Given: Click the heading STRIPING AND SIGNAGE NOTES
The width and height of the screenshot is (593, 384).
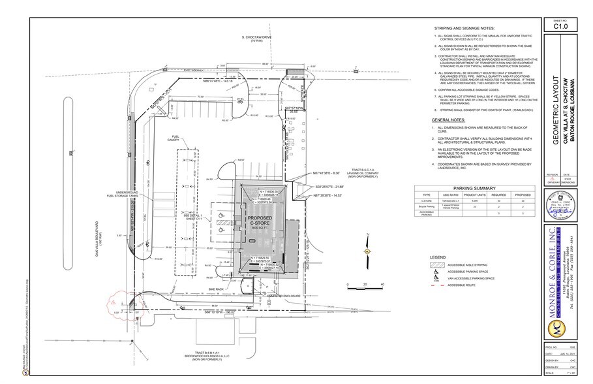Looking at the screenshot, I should (464, 29).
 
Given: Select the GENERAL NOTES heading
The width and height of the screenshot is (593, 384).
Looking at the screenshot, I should (450, 121).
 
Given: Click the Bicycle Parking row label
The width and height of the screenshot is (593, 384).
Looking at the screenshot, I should (427, 207).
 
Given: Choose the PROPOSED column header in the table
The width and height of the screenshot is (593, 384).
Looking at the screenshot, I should (523, 195).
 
